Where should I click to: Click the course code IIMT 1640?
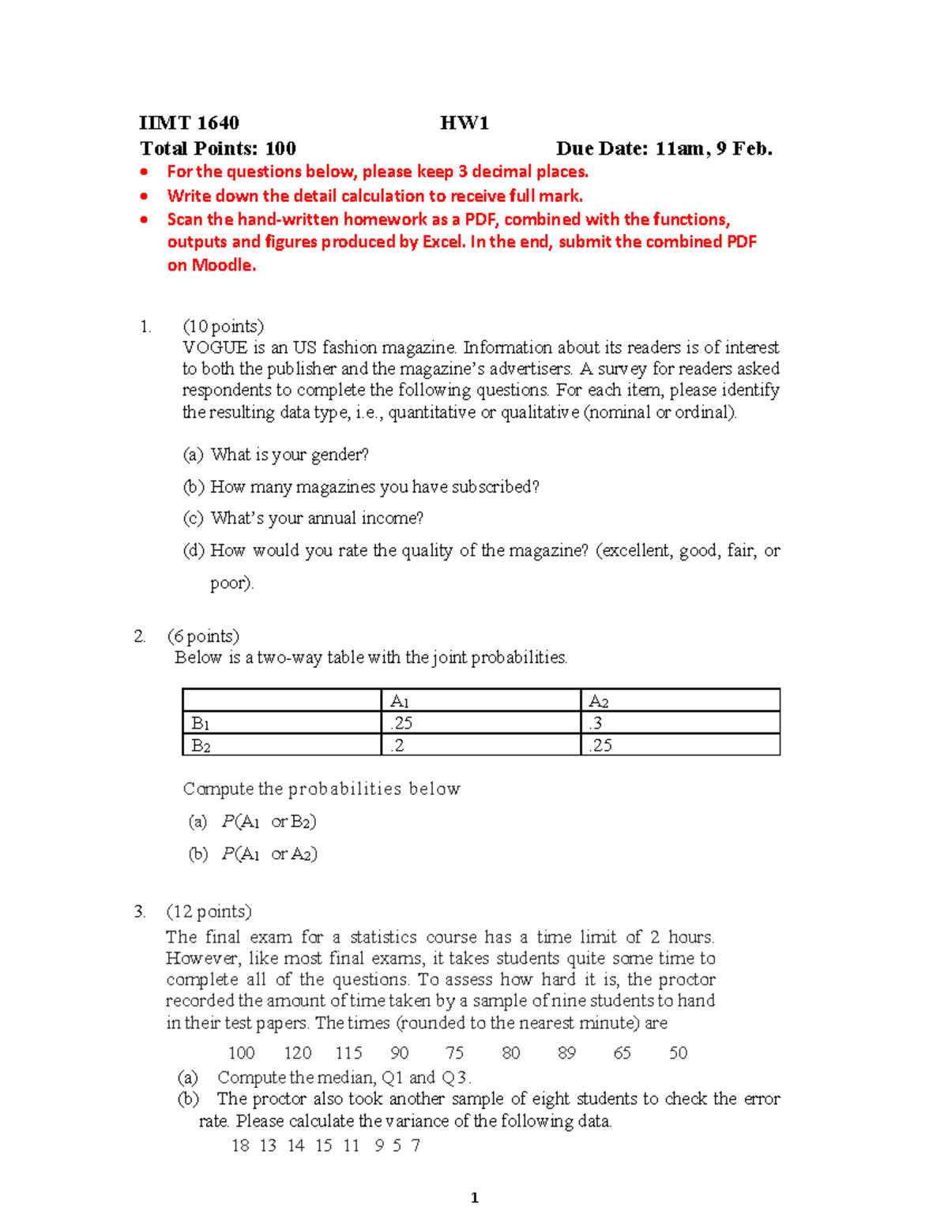click(x=189, y=123)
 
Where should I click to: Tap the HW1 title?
click(x=465, y=123)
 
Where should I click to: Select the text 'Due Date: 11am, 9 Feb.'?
click(x=664, y=148)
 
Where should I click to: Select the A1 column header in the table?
click(x=400, y=701)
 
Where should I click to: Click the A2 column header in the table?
click(x=599, y=701)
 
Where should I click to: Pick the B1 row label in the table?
click(x=201, y=723)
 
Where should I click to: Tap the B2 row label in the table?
click(x=201, y=745)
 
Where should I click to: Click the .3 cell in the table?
click(x=595, y=723)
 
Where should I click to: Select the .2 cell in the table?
click(x=397, y=745)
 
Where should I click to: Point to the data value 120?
click(x=298, y=1053)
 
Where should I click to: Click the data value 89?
click(x=566, y=1053)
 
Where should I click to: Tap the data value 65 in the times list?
click(x=623, y=1053)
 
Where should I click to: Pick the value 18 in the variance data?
click(x=240, y=1145)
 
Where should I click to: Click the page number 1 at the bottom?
click(x=474, y=1198)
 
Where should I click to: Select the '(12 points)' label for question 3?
click(x=209, y=912)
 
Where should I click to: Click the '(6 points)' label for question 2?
click(x=203, y=636)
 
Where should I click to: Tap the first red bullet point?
click(x=144, y=172)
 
